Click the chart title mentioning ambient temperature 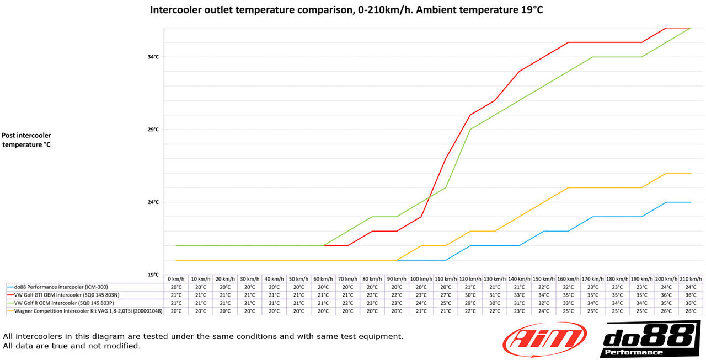(346, 9)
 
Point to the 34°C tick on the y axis (153, 57)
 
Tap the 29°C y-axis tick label (153, 130)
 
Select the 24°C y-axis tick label (153, 202)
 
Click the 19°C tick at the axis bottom (153, 275)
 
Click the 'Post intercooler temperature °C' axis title (26, 140)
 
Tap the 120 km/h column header (470, 279)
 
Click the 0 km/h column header (176, 279)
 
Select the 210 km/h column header (691, 279)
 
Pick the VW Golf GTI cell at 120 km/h (470, 295)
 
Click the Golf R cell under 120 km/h (470, 303)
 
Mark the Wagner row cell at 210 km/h (691, 311)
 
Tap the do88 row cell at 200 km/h (666, 287)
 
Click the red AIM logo (545, 339)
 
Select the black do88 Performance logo (650, 339)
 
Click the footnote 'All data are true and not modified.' (72, 346)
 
